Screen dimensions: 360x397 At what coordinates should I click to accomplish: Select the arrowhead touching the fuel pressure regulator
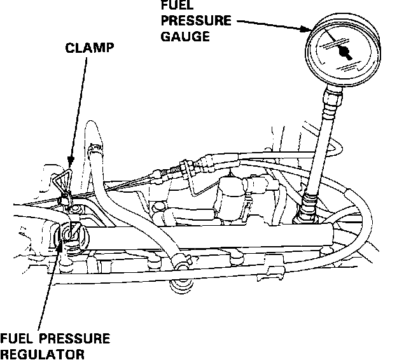pyautogui.click(x=62, y=247)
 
